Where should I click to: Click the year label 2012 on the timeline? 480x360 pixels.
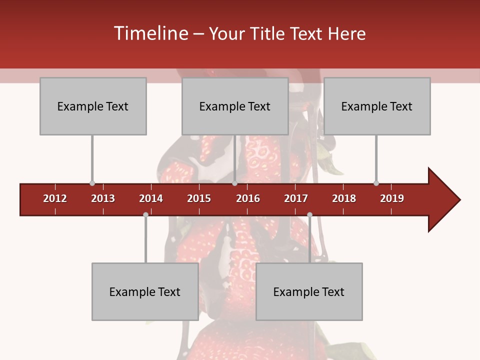click(55, 198)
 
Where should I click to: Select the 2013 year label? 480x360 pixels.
click(103, 198)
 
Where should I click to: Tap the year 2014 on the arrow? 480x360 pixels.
click(151, 198)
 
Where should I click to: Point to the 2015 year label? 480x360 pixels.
click(199, 198)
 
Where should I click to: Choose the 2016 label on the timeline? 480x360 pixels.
click(248, 198)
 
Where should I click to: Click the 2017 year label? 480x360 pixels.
click(296, 198)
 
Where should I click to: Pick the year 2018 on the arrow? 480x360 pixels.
click(344, 198)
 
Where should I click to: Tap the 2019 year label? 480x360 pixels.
click(392, 198)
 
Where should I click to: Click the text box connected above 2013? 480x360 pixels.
click(93, 106)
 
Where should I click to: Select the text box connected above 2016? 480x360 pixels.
click(235, 106)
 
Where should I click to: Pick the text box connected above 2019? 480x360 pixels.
click(377, 106)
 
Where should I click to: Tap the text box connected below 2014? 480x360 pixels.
click(145, 291)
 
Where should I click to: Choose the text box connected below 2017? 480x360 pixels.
click(309, 291)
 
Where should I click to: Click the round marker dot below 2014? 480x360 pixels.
click(145, 214)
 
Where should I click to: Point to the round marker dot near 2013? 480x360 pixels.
click(92, 183)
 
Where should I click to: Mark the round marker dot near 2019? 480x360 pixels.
click(376, 183)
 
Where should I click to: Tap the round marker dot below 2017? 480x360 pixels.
click(309, 214)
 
